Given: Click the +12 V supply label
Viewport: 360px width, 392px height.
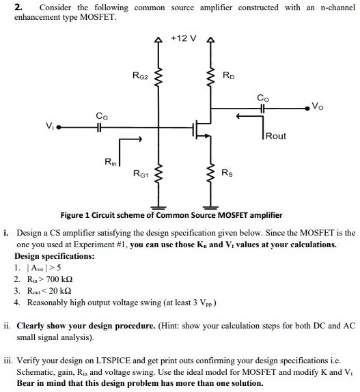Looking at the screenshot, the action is click(x=184, y=38).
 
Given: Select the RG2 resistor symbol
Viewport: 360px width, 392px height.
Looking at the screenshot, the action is click(x=158, y=76).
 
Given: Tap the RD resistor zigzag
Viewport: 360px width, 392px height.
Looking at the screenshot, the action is click(x=210, y=76).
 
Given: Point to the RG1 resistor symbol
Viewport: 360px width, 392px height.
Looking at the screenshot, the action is click(x=158, y=173).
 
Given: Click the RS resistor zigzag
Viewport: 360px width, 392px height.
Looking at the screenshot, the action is click(x=210, y=173).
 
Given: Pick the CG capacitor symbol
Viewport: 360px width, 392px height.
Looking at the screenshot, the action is click(x=99, y=128).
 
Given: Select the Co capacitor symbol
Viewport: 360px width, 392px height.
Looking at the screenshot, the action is click(x=262, y=109).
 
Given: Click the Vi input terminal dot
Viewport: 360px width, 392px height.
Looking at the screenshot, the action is click(x=59, y=128).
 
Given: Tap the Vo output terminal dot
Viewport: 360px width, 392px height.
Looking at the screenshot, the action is click(x=307, y=109).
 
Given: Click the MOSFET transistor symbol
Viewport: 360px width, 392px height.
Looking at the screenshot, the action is click(x=202, y=130).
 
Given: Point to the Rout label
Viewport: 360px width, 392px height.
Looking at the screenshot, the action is click(x=276, y=136).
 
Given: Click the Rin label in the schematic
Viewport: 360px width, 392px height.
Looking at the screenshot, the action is click(x=111, y=162).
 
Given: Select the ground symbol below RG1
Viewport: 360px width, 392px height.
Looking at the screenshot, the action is click(x=158, y=207).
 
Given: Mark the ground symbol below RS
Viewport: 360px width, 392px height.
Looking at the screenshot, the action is click(x=210, y=207).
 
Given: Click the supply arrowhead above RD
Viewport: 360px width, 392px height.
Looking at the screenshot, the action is click(x=210, y=40).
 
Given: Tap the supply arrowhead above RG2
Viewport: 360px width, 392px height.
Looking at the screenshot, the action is click(x=158, y=40).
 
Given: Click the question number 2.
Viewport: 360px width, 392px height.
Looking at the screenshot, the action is click(x=18, y=8).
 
